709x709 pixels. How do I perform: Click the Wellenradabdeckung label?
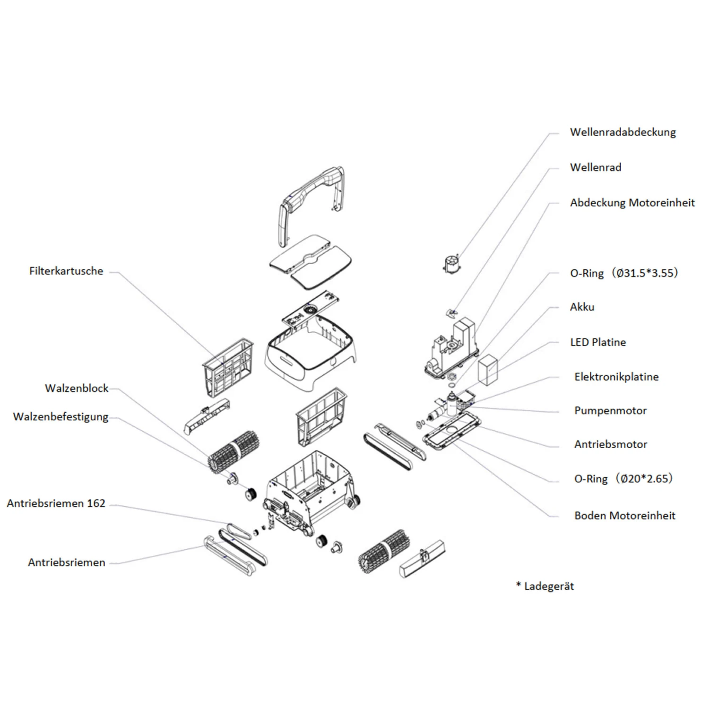tap(623, 132)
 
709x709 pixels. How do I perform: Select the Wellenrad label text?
tap(596, 167)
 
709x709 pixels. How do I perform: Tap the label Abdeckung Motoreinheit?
tap(632, 203)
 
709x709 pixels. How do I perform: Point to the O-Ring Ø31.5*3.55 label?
tap(623, 273)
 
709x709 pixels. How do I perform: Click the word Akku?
tap(582, 307)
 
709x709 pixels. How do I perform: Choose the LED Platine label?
tap(598, 342)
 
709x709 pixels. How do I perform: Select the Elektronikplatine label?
tap(616, 377)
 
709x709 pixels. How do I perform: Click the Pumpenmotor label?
tap(610, 411)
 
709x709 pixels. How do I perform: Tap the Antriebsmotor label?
tap(611, 444)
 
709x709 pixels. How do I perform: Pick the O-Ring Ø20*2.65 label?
tap(623, 479)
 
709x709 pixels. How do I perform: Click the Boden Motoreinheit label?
tap(624, 516)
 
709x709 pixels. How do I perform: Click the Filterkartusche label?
tap(66, 271)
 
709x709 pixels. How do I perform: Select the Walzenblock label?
tap(77, 389)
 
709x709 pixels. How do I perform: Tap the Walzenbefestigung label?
tap(61, 417)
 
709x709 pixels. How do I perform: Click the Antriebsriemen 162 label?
tap(56, 503)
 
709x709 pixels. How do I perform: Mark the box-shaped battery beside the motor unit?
tap(488, 369)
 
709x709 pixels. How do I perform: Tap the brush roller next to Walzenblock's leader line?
tap(234, 450)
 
